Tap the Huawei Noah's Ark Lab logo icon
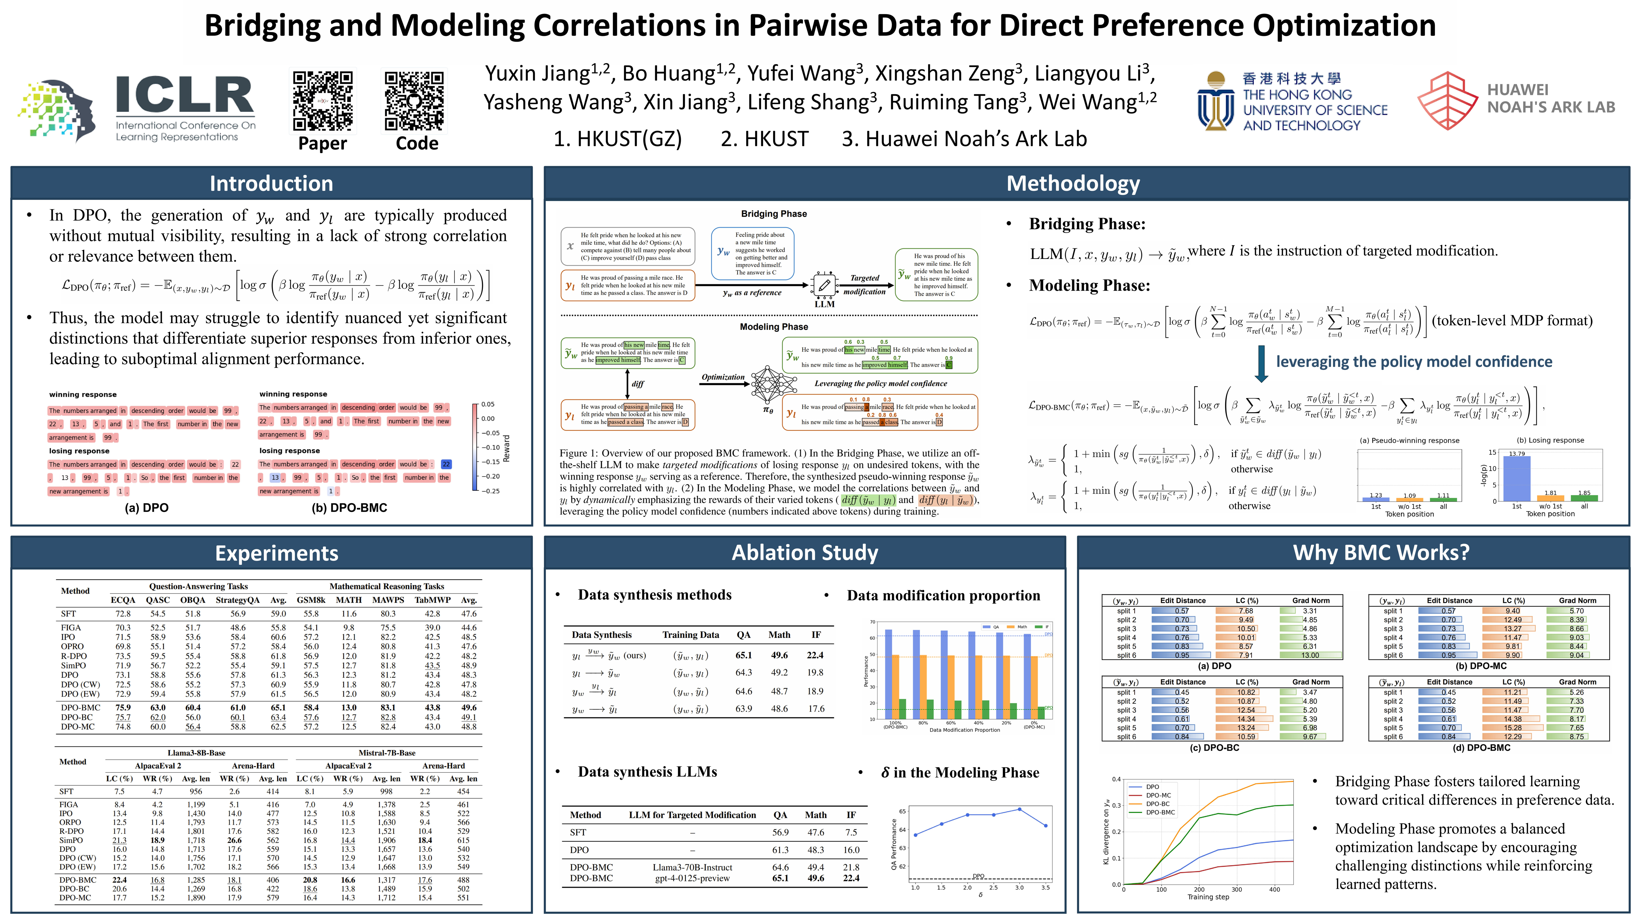[x=1447, y=101]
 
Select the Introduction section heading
[x=271, y=183]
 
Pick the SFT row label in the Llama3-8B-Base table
[x=66, y=791]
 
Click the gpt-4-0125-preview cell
[x=692, y=878]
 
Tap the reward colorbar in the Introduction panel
[x=475, y=447]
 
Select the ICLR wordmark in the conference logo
[x=185, y=96]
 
